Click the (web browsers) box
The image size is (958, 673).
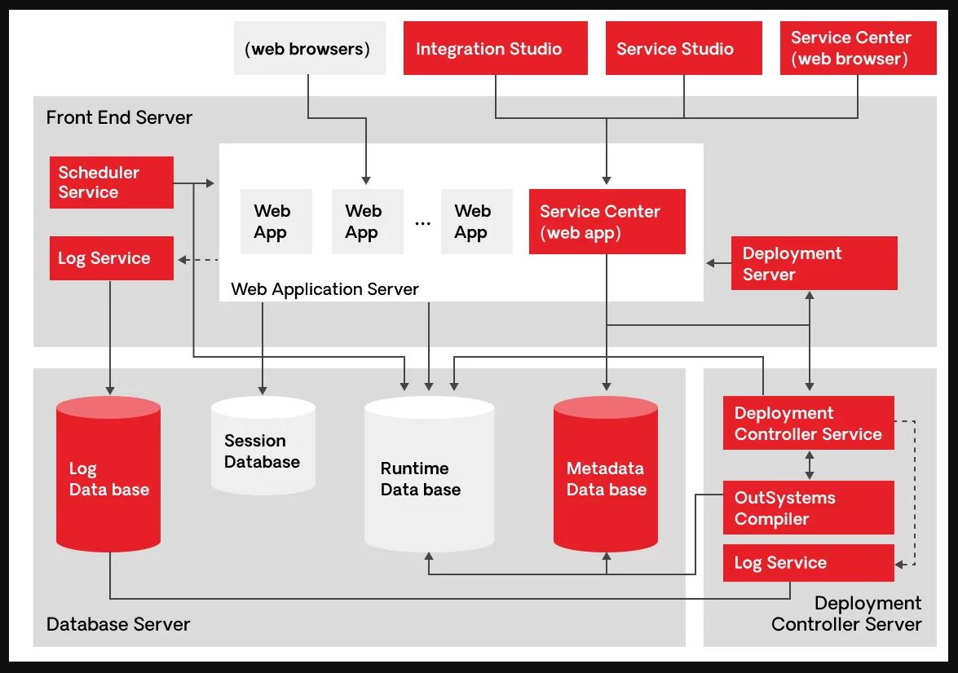click(309, 49)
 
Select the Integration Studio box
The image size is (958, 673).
click(495, 49)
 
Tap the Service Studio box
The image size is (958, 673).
click(683, 49)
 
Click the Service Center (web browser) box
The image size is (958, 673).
click(858, 49)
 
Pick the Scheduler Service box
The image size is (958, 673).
click(111, 183)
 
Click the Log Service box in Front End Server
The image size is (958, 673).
click(111, 258)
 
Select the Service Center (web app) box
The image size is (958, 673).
click(607, 222)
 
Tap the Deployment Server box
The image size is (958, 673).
click(814, 263)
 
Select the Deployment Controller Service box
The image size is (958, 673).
click(808, 423)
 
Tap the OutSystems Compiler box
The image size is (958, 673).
click(808, 508)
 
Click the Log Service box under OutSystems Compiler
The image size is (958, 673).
click(808, 563)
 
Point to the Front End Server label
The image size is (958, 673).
click(119, 117)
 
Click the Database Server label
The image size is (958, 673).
click(118, 624)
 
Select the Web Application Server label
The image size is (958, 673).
click(324, 288)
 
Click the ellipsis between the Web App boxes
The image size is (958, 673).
click(422, 222)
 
